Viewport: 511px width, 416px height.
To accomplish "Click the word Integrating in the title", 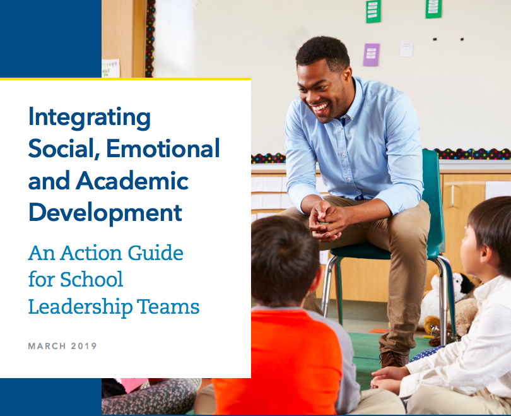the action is [x=90, y=117].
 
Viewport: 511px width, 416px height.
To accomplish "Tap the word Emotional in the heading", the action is [x=163, y=148].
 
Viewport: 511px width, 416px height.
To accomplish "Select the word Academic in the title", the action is [x=132, y=181].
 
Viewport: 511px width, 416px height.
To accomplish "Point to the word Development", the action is [x=105, y=213].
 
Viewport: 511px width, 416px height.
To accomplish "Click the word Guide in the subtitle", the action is [x=155, y=253].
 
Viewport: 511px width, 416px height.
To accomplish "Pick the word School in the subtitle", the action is [x=91, y=279].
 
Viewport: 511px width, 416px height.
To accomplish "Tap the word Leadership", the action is [x=81, y=307].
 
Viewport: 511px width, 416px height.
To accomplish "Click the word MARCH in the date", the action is [x=47, y=346].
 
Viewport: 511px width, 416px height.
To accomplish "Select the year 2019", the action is [x=84, y=346].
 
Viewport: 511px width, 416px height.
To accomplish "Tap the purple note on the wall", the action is [x=372, y=55].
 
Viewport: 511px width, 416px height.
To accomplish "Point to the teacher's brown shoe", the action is [x=394, y=359].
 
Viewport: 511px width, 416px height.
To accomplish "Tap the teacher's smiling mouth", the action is [x=319, y=107].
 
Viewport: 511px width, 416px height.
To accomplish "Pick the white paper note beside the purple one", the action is [x=406, y=50].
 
